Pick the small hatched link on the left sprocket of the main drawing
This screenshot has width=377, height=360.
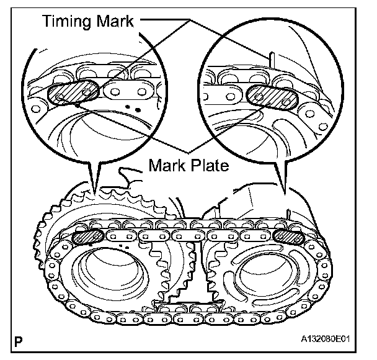(x=88, y=236)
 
